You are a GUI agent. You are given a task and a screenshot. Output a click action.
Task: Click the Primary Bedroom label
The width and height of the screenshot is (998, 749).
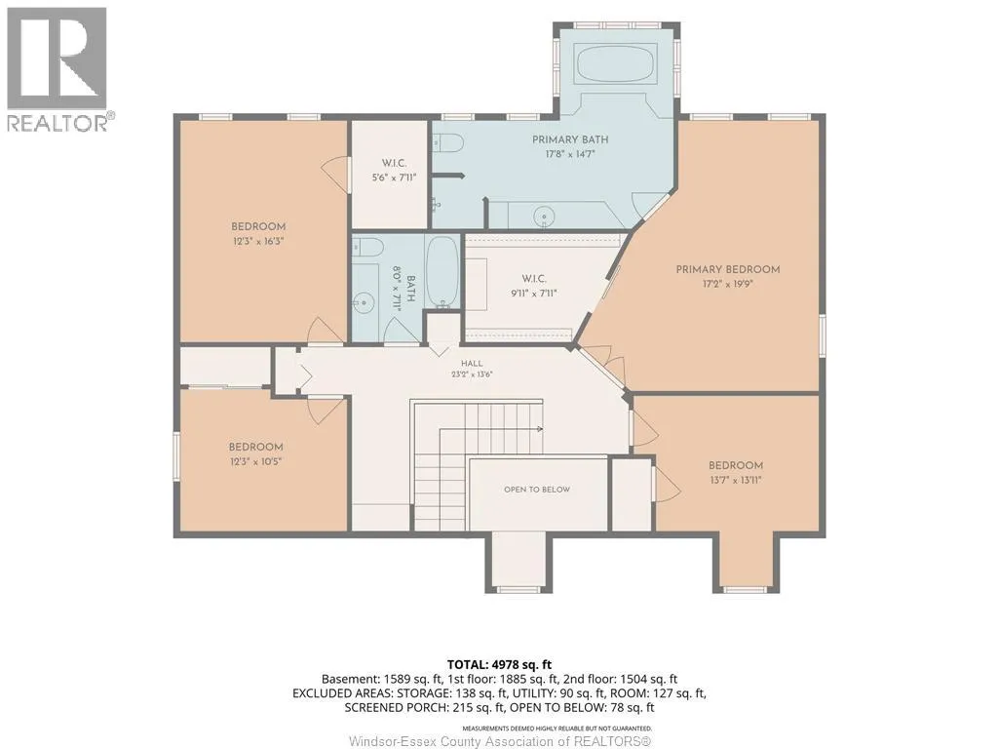pos(727,269)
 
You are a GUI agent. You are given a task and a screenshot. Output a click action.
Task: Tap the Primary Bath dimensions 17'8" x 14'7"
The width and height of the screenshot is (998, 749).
pos(569,154)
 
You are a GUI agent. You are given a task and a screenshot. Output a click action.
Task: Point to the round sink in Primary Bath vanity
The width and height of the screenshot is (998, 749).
pos(544,216)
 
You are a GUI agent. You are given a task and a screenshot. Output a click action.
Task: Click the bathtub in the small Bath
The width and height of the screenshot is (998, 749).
pos(441,271)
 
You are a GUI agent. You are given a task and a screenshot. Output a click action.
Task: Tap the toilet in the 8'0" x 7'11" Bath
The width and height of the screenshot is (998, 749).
pos(366,246)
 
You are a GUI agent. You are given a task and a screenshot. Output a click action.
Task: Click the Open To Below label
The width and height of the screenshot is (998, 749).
pos(537,490)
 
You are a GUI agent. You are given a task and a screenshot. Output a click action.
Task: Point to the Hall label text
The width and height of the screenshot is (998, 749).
pos(472,363)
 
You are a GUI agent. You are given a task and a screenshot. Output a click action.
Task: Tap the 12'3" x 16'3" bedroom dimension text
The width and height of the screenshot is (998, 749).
pos(257,242)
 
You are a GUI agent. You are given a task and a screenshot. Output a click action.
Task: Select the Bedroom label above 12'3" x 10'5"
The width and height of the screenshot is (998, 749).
pos(256,447)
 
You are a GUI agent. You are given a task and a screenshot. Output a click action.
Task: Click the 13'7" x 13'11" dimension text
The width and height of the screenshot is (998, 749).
pos(735,480)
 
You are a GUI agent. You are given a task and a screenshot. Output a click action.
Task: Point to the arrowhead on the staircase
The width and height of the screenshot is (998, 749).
pos(540,429)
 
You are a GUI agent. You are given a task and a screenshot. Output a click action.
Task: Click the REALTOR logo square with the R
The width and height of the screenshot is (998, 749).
pos(58,58)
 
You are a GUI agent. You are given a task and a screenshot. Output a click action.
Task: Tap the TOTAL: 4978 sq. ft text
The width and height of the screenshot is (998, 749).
pos(499,665)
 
